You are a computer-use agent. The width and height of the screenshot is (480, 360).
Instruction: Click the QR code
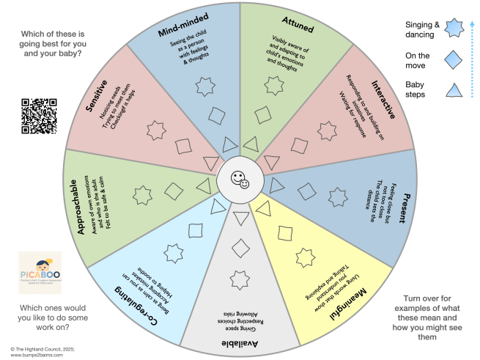point(40,115)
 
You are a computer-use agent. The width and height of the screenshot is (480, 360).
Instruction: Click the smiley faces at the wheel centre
point(240,180)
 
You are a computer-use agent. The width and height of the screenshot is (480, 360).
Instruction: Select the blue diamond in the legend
point(454,59)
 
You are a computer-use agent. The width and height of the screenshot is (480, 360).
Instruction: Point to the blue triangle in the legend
point(454,91)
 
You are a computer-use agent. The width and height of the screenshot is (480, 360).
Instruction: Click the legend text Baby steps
point(420,89)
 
